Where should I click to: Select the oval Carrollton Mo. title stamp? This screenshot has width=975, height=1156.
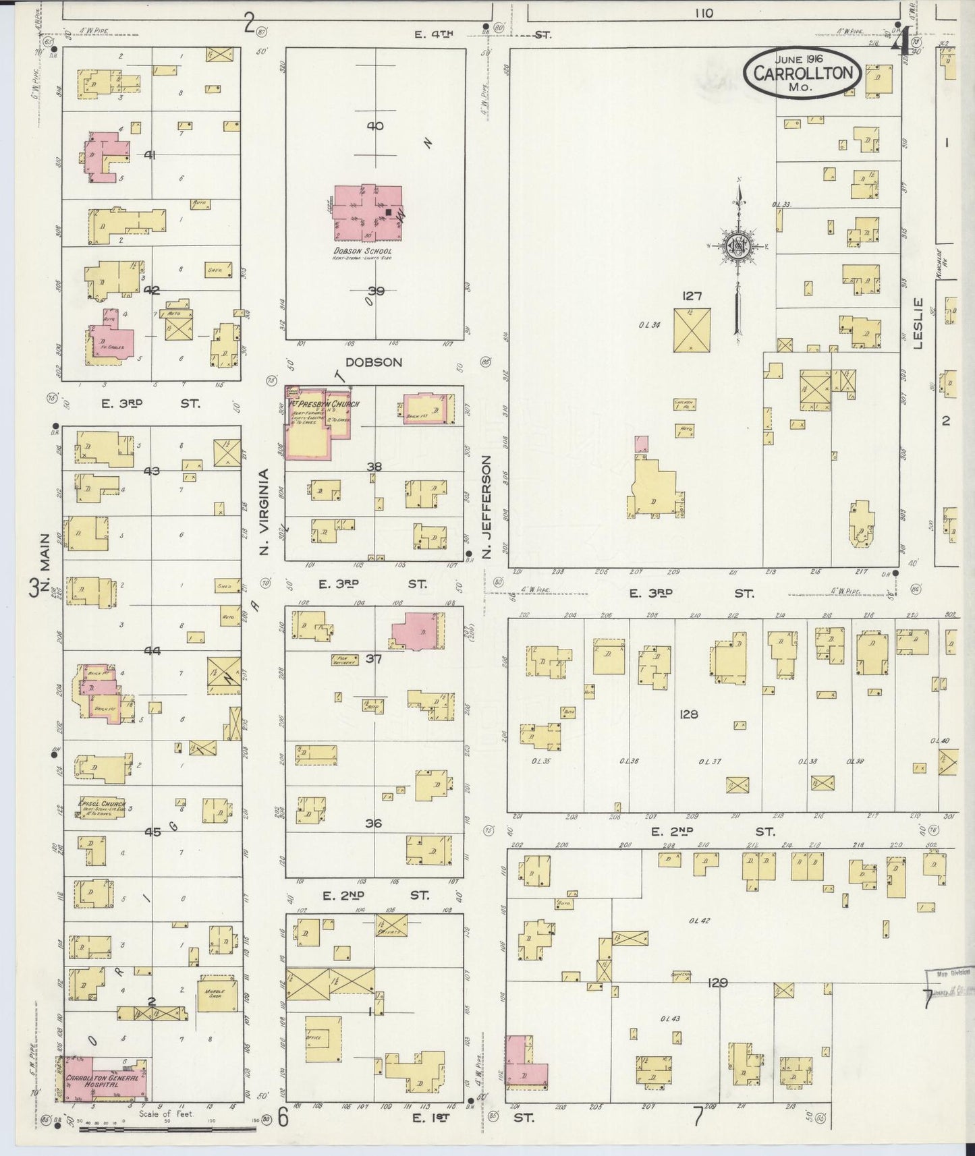point(803,73)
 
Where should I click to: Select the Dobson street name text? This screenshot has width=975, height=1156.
point(373,362)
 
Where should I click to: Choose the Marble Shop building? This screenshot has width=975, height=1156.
point(217,995)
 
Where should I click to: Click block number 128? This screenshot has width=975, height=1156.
point(688,714)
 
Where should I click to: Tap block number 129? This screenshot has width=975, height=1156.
point(717,983)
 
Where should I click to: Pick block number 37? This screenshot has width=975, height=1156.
point(373,658)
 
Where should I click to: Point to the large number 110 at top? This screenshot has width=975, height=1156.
point(702,13)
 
